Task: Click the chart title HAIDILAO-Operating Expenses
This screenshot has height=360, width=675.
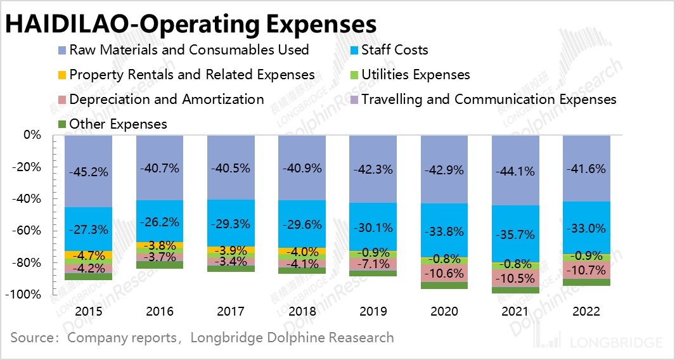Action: point(191,24)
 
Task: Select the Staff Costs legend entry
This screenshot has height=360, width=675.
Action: point(394,49)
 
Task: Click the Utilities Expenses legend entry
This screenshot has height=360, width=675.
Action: point(415,74)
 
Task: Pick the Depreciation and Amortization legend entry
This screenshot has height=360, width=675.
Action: point(166,99)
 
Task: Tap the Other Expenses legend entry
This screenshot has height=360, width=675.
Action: point(118,124)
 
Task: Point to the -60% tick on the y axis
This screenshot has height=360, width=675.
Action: point(27,231)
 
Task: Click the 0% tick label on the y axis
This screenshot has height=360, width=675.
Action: point(32,135)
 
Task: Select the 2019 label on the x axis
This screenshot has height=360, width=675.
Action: point(373,311)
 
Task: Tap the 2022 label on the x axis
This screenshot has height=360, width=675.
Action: point(587,311)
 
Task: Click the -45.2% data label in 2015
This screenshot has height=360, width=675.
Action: point(88,172)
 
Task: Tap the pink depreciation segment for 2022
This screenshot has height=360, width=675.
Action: point(587,270)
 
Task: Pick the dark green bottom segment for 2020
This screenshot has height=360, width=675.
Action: point(444,285)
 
